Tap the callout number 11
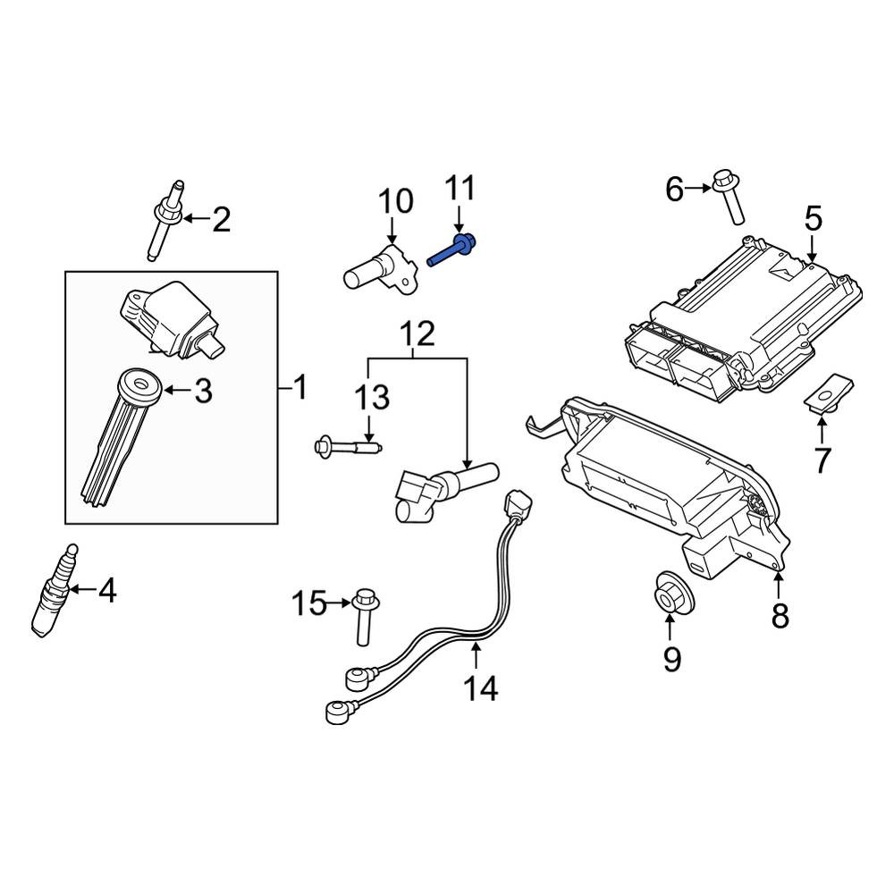point(460,189)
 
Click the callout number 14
point(480,688)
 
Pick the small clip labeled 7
point(829,392)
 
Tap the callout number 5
point(814,220)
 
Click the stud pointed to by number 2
point(166,220)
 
